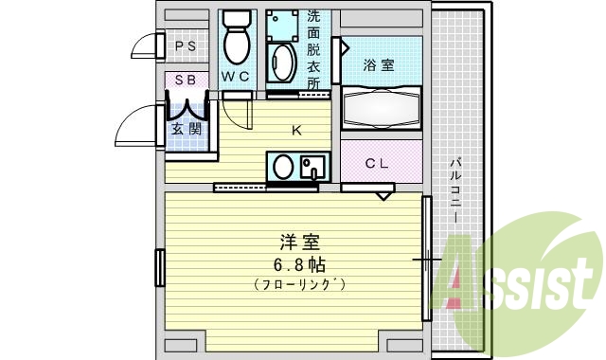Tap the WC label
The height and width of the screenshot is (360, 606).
click(x=235, y=75)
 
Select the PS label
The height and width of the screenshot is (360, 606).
click(x=185, y=45)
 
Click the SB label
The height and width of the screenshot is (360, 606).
click(x=185, y=81)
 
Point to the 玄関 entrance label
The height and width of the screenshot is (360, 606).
click(x=186, y=128)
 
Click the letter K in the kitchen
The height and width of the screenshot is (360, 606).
click(x=295, y=131)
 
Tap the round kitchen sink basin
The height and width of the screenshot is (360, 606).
click(x=283, y=168)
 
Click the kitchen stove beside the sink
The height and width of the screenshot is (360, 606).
click(x=312, y=168)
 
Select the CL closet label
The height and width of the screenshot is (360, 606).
click(x=377, y=163)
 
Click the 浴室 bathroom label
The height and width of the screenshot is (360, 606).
click(x=379, y=64)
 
